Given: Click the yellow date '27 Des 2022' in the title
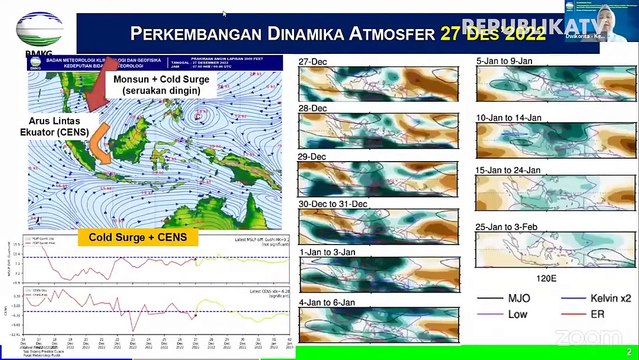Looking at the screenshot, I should point(492,35).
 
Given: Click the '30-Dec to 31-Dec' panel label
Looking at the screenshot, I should point(334,204).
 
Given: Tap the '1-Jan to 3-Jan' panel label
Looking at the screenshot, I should point(326,252).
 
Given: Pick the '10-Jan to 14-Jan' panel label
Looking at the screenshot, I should point(510,118).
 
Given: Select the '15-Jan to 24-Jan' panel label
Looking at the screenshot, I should point(510,170).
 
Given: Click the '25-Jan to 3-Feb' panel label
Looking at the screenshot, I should point(510,225).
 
